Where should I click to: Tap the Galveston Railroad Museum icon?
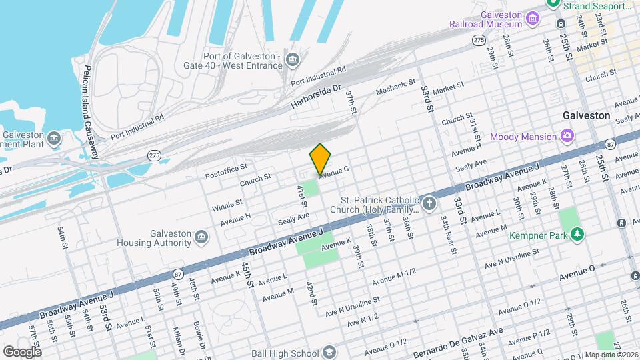point(532,18)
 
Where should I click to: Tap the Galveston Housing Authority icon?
point(201,237)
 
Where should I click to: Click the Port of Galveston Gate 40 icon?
point(292,61)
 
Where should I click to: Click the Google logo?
point(22,351)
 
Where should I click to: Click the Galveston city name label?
point(586,115)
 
